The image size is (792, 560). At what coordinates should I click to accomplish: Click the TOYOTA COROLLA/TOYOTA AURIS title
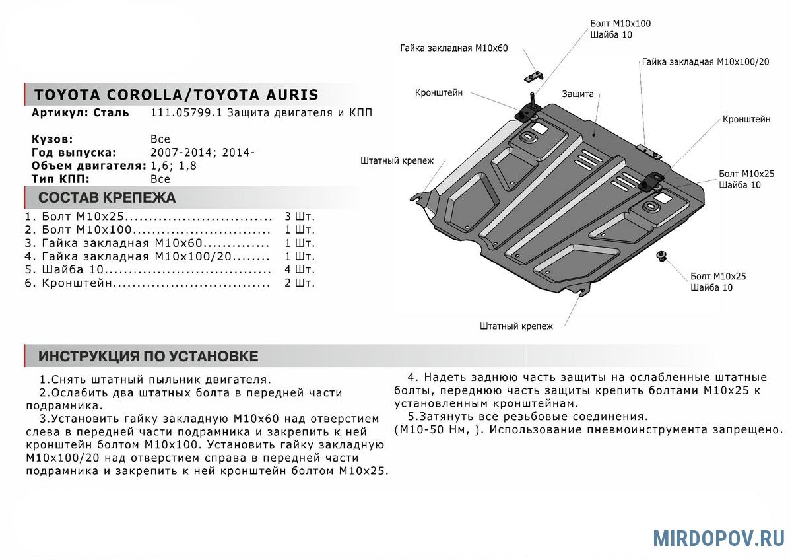point(176,94)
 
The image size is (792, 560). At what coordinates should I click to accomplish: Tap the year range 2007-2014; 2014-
point(203,153)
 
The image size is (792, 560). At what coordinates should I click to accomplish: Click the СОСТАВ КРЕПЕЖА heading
point(107,197)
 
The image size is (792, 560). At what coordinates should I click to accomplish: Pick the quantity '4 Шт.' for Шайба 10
point(300,269)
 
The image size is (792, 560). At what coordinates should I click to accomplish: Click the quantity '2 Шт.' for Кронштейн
point(300,283)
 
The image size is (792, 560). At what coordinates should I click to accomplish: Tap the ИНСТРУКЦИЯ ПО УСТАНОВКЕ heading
point(148,357)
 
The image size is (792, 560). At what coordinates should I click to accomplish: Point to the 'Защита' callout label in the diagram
point(578,94)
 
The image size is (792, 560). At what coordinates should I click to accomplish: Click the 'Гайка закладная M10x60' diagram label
point(453,49)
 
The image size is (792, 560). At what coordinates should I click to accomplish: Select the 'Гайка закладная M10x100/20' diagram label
point(705,61)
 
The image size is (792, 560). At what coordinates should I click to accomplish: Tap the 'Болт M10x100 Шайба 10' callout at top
point(620,29)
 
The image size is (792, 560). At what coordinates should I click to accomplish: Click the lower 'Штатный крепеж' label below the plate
point(517,326)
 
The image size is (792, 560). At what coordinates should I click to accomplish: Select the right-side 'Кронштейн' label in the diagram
point(746,120)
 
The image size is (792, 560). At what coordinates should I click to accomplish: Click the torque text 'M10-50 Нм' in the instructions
point(428,430)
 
